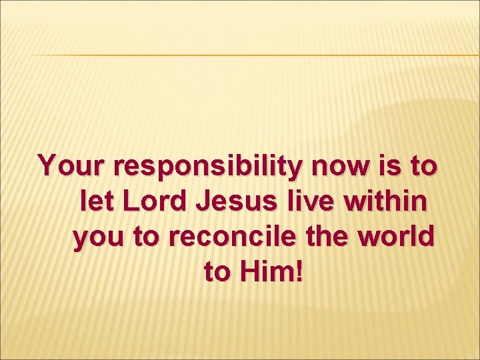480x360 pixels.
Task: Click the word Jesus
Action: click(234, 201)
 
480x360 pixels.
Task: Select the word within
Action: click(383, 201)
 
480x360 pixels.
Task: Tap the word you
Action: click(95, 238)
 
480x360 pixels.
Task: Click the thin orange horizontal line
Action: click(253, 55)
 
